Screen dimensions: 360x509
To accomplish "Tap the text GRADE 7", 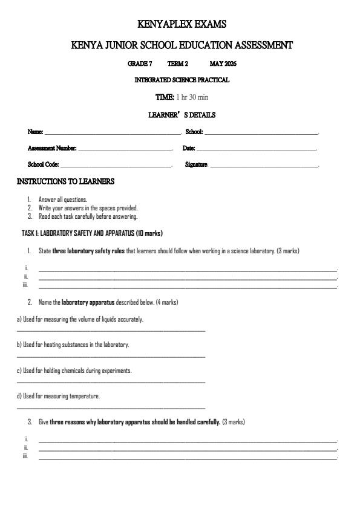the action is tap(140, 63).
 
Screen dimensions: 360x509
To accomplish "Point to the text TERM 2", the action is tap(178, 63).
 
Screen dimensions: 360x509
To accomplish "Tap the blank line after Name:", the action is tap(113, 132).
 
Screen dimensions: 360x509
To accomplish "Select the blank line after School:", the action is tap(261, 132).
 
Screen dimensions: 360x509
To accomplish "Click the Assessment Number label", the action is tap(52, 148).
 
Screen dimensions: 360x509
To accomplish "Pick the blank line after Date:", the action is tap(257, 149).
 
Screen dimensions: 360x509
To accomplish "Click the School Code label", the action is tap(43, 164).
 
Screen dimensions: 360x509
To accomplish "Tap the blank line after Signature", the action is tap(264, 165).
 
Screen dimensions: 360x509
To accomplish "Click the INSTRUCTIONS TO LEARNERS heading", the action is tap(65, 181).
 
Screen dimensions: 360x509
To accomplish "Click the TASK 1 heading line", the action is tap(92, 233).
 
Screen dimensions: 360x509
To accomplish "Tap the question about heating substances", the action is tap(73, 345).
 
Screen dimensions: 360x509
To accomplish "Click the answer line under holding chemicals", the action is tap(111, 382).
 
